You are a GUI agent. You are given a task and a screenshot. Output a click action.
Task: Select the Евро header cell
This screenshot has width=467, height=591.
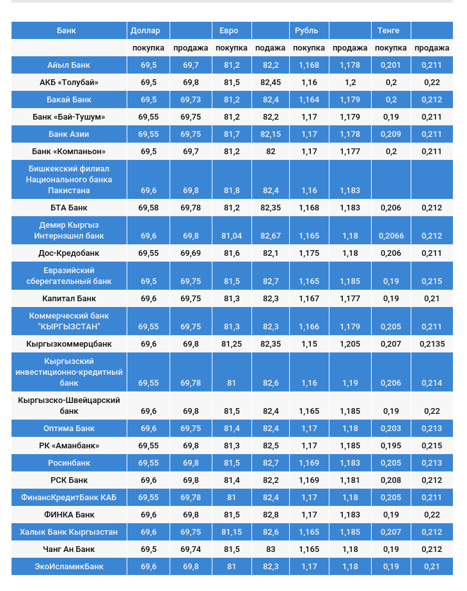point(228,31)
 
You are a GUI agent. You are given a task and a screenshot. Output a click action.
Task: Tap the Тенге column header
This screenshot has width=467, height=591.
point(388,31)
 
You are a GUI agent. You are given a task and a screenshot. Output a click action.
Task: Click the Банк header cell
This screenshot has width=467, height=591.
point(67,31)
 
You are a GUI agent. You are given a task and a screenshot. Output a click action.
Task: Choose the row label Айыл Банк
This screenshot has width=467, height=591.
point(68,65)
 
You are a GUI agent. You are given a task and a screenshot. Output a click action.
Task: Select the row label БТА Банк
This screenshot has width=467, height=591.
point(68,208)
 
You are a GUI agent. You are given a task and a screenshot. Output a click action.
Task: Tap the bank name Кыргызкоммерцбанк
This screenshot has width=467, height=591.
point(68,344)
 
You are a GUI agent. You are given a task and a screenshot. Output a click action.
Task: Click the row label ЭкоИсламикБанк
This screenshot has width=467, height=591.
point(68,567)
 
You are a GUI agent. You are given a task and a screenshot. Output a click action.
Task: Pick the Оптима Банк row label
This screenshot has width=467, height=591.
point(68,429)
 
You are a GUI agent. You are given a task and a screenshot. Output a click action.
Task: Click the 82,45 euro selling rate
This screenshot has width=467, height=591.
point(271,83)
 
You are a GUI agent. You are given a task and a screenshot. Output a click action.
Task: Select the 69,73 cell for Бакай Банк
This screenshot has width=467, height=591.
point(191,100)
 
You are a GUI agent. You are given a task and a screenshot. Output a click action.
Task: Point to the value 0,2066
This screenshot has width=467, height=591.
point(391,236)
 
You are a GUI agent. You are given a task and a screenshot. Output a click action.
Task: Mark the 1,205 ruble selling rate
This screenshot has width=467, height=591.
point(350,344)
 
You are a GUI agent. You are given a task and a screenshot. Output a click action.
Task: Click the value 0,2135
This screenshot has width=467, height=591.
point(432,344)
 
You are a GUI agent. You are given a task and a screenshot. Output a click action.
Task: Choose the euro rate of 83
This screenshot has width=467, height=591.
point(271,549)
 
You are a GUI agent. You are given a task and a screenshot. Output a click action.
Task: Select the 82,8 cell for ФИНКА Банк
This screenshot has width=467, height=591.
point(271,515)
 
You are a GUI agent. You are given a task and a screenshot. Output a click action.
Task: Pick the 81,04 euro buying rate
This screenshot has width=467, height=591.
point(232,236)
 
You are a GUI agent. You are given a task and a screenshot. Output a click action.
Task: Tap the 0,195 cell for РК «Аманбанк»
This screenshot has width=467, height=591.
point(391,446)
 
